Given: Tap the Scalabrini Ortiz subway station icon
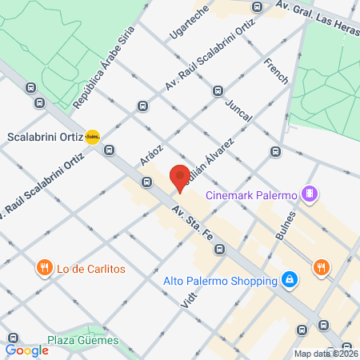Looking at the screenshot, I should pos(93,136).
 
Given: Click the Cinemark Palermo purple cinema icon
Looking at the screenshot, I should pos(310,194).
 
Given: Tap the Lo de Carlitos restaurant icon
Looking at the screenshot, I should pos(43,268).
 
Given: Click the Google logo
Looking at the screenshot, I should pos(26,350).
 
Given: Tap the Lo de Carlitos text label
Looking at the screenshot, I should pos(91,269).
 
